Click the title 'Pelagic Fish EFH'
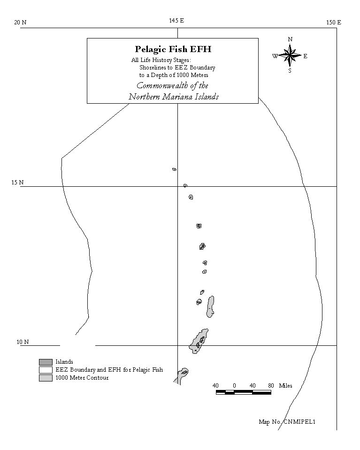[x=173, y=49]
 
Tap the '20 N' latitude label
[x=20, y=23]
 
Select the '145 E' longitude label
[x=176, y=21]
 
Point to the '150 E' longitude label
[x=334, y=23]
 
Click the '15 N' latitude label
[x=17, y=183]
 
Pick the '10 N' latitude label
[x=23, y=342]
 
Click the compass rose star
[x=290, y=55]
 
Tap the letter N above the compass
[x=290, y=39]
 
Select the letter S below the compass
[x=290, y=70]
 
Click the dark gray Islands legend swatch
[x=46, y=362]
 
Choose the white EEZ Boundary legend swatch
[x=46, y=370]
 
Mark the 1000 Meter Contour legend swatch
[x=46, y=378]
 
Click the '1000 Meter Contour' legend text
[x=82, y=378]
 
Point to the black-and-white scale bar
[x=244, y=392]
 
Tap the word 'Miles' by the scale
[x=286, y=386]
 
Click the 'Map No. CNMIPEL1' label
[x=287, y=421]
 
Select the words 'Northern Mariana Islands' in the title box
[x=174, y=97]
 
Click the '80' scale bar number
[x=271, y=386]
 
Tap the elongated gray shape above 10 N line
[x=210, y=306]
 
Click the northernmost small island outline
[x=174, y=169]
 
